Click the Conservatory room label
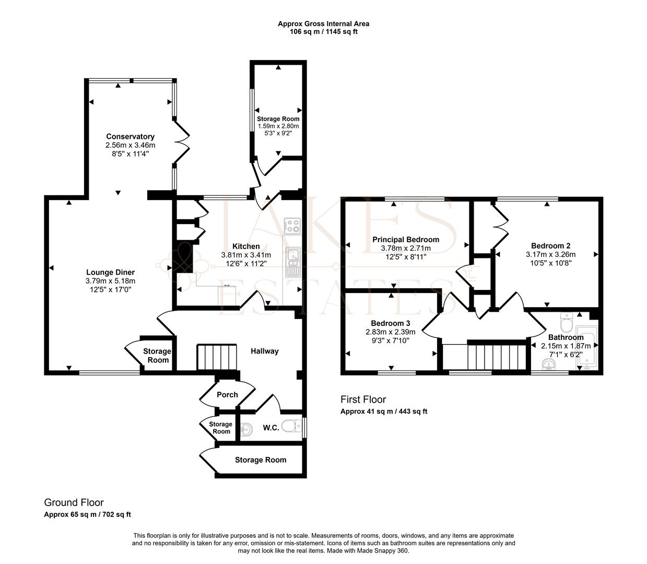(130, 137)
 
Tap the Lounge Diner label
(110, 272)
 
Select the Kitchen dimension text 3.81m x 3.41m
(246, 255)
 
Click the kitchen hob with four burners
(292, 226)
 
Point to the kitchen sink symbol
(293, 262)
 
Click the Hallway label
(265, 351)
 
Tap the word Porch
(227, 395)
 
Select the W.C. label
(271, 428)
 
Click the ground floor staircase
(217, 357)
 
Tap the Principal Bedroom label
(406, 240)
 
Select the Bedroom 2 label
(550, 245)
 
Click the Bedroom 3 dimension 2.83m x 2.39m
(391, 332)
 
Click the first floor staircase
(497, 357)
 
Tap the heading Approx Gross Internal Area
(324, 23)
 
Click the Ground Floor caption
(74, 502)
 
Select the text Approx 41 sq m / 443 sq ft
(384, 412)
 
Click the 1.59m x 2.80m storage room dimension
(278, 126)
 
